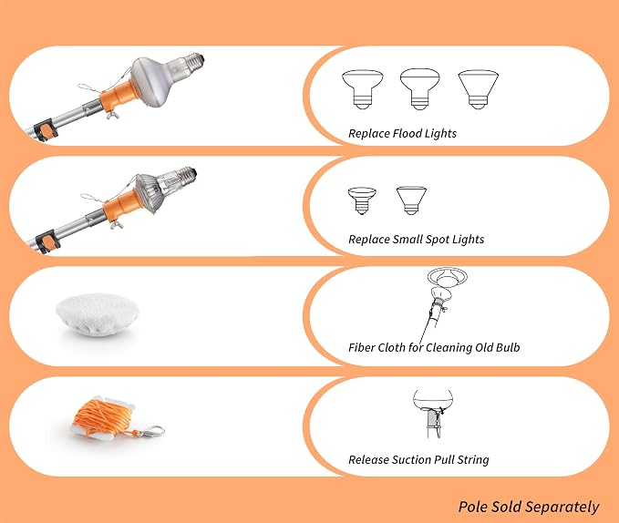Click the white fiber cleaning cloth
click(98, 314)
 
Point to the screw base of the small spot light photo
click(186, 175)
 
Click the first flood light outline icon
click(363, 89)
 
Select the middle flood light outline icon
click(420, 89)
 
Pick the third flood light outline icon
click(478, 89)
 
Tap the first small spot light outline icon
click(362, 200)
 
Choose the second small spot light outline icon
click(411, 200)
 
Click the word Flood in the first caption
click(407, 133)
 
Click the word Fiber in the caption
click(361, 347)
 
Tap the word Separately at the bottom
click(562, 508)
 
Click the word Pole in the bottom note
click(471, 507)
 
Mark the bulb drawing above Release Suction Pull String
click(433, 415)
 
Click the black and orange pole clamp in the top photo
click(46, 129)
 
